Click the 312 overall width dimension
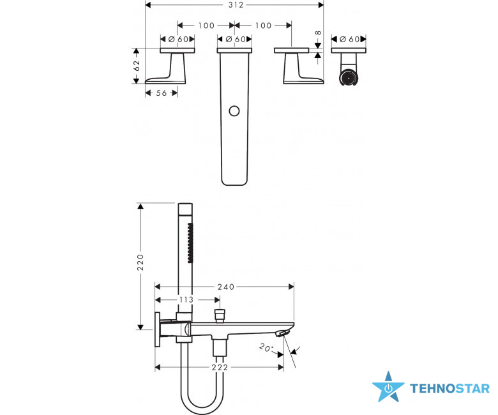(x=236, y=4)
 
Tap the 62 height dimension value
(x=137, y=66)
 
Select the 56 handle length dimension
(x=162, y=93)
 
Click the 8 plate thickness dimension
(x=318, y=33)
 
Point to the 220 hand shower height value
(x=140, y=262)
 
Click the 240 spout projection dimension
(x=226, y=287)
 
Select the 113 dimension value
(x=186, y=299)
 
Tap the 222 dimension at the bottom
(x=220, y=367)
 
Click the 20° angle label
(x=266, y=347)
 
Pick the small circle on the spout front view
(x=234, y=111)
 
